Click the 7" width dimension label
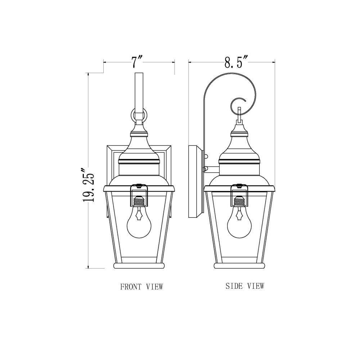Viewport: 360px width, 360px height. coord(137,62)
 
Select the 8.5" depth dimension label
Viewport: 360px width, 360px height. coord(236,62)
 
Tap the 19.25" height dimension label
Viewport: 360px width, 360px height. coord(89,185)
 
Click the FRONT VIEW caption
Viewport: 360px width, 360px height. coord(141,287)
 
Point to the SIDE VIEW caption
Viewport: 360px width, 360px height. coord(245,286)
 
